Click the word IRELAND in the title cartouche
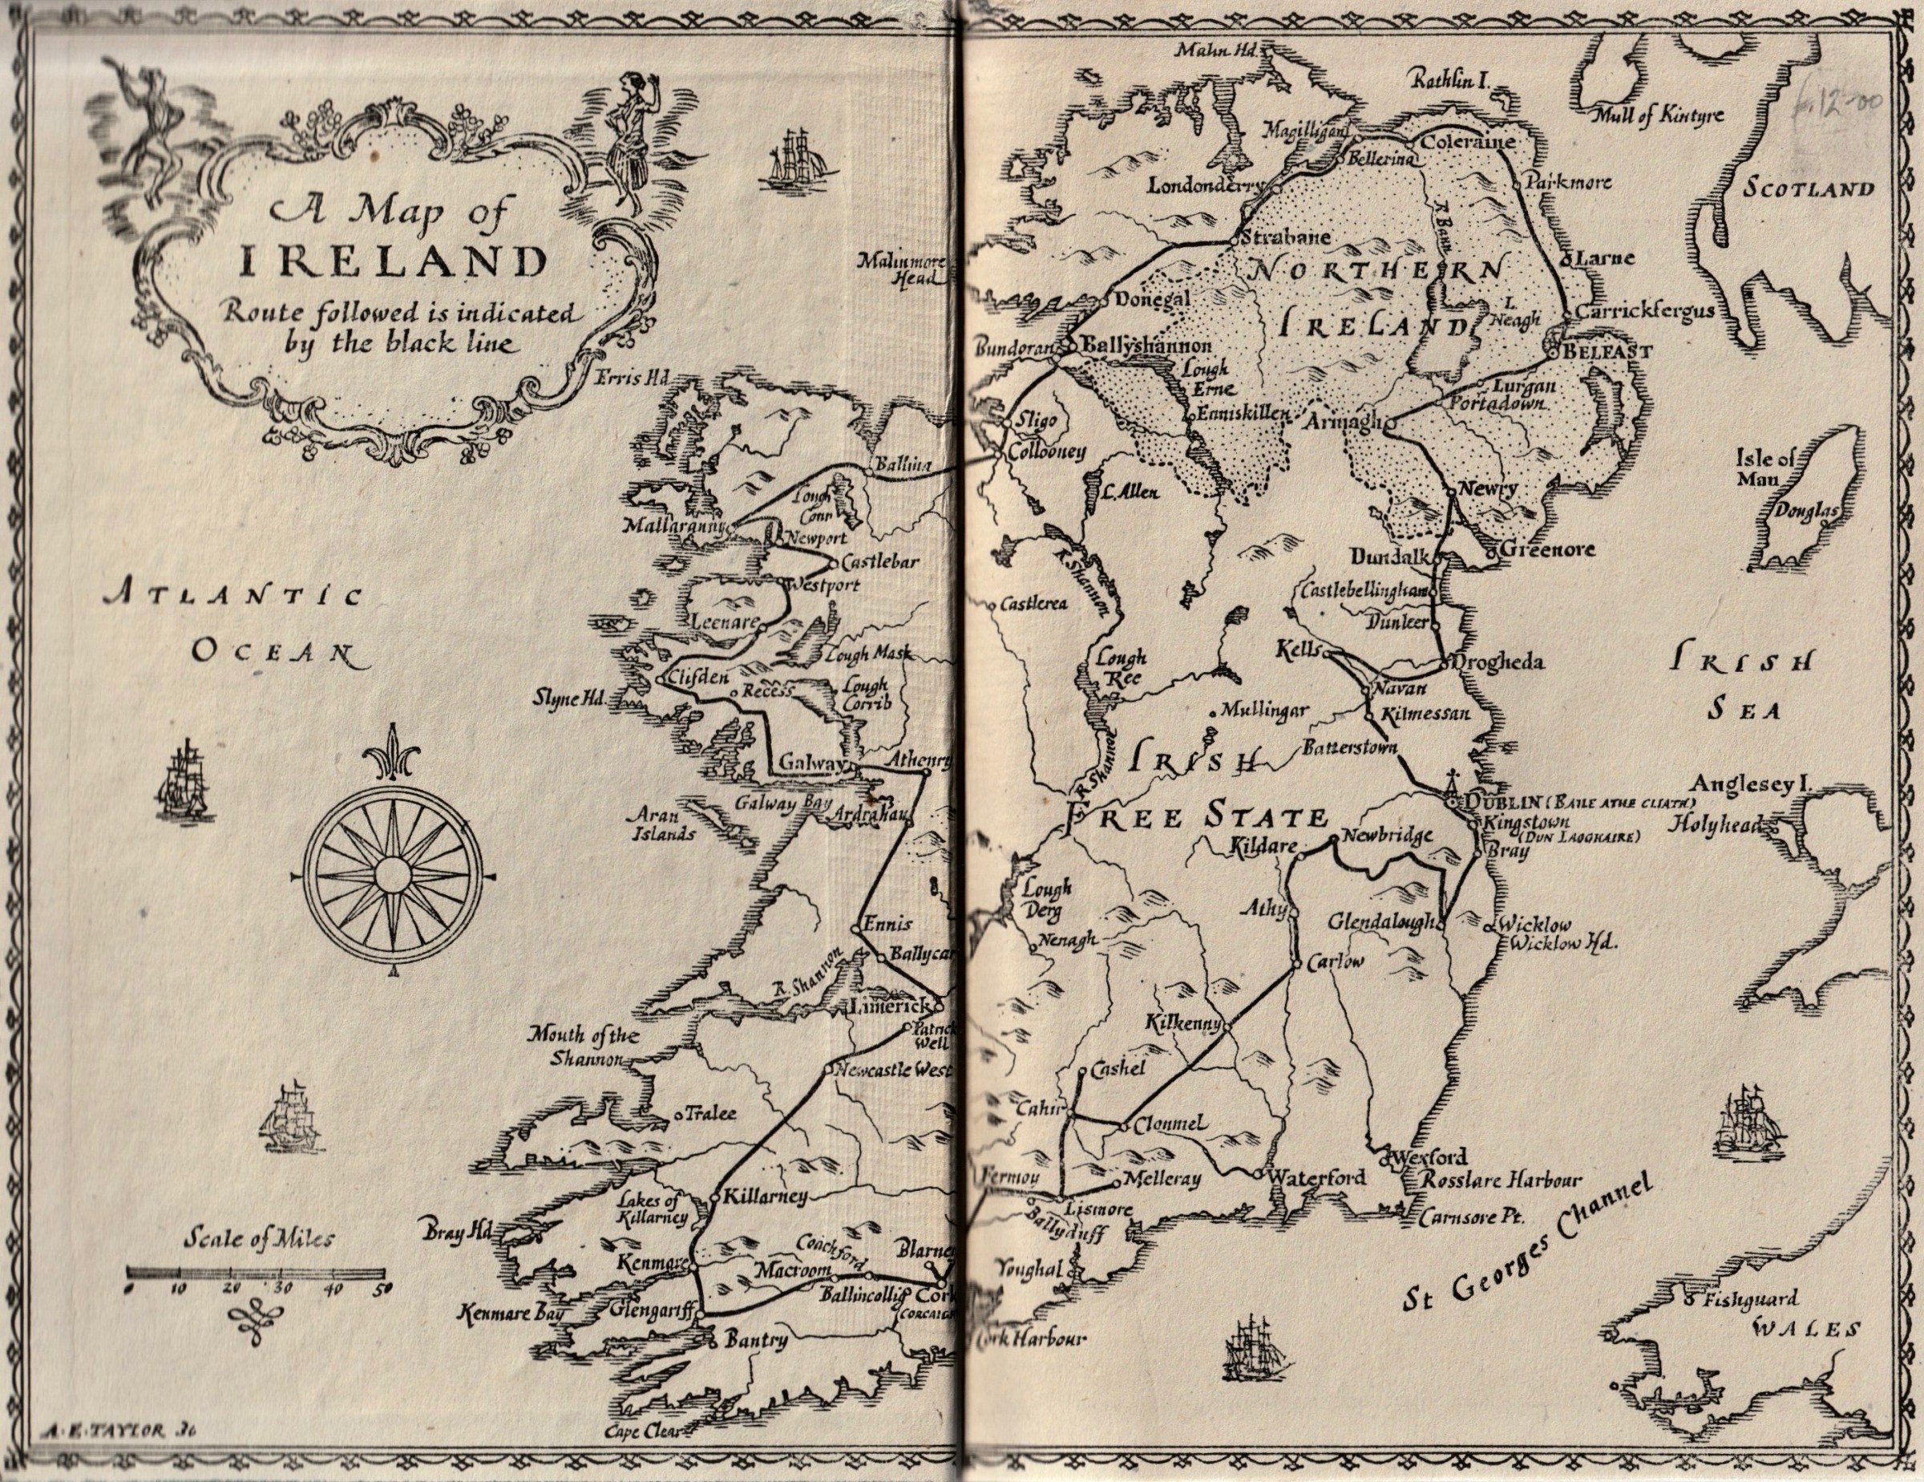click(394, 261)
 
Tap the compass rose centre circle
click(392, 874)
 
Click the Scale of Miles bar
click(257, 1273)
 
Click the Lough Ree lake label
click(1121, 667)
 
